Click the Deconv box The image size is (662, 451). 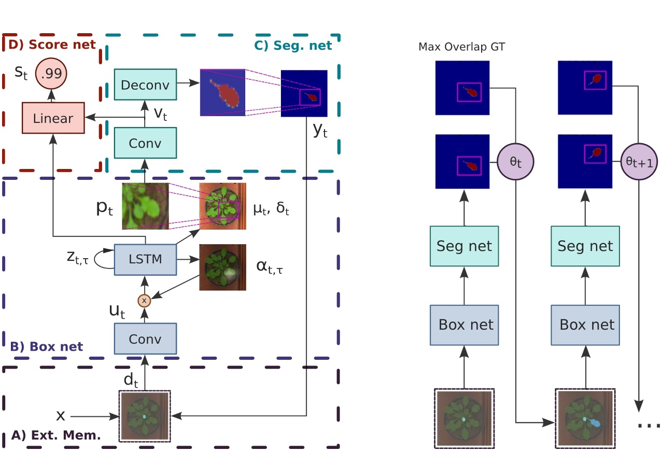145,84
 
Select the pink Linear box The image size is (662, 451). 53,118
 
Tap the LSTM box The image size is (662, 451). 145,259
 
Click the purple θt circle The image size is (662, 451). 515,161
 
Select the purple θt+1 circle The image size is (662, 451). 638,161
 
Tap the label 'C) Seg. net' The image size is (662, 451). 293,45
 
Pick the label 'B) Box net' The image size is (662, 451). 47,346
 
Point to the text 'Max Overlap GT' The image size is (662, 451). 461,47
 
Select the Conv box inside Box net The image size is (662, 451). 145,339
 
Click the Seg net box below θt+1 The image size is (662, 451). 585,245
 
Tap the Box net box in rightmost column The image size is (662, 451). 587,325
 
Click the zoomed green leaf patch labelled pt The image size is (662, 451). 145,206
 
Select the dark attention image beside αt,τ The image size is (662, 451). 222,266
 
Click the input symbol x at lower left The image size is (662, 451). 61,416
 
